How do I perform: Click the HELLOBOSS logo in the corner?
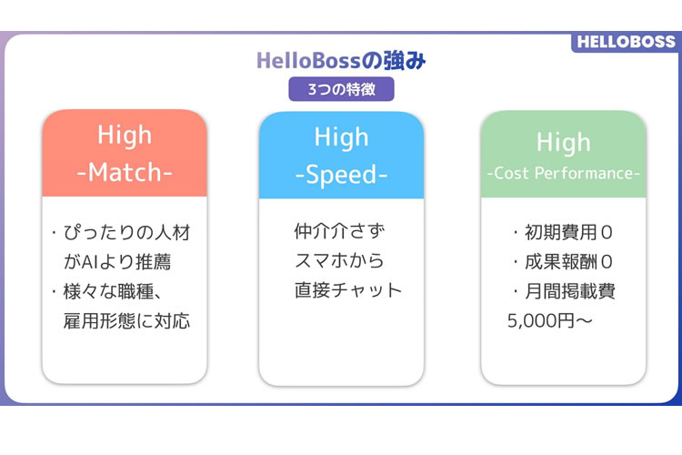[x=627, y=42]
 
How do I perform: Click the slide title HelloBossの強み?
[x=341, y=62]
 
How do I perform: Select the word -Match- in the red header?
[x=125, y=172]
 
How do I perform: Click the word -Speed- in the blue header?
[x=341, y=173]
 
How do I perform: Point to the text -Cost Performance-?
[x=563, y=173]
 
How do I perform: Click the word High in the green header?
[x=563, y=142]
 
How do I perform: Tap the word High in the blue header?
[x=341, y=137]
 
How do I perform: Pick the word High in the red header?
[x=125, y=136]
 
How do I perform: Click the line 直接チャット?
[x=347, y=290]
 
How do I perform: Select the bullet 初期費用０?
[x=563, y=233]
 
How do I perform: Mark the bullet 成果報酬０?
[x=563, y=262]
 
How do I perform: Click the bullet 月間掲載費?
[x=565, y=291]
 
